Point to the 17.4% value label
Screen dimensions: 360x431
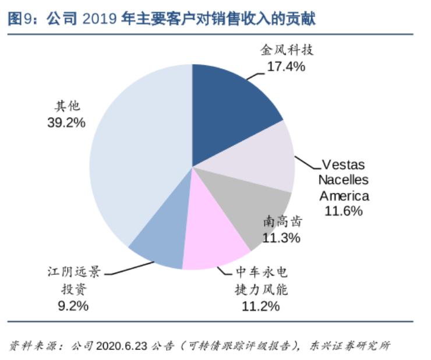[x=286, y=66]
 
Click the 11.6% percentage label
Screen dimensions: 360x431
[x=344, y=210]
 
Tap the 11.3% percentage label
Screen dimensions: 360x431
[x=281, y=238]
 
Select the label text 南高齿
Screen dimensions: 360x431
[x=282, y=221]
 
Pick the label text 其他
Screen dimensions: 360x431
[x=66, y=107]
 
